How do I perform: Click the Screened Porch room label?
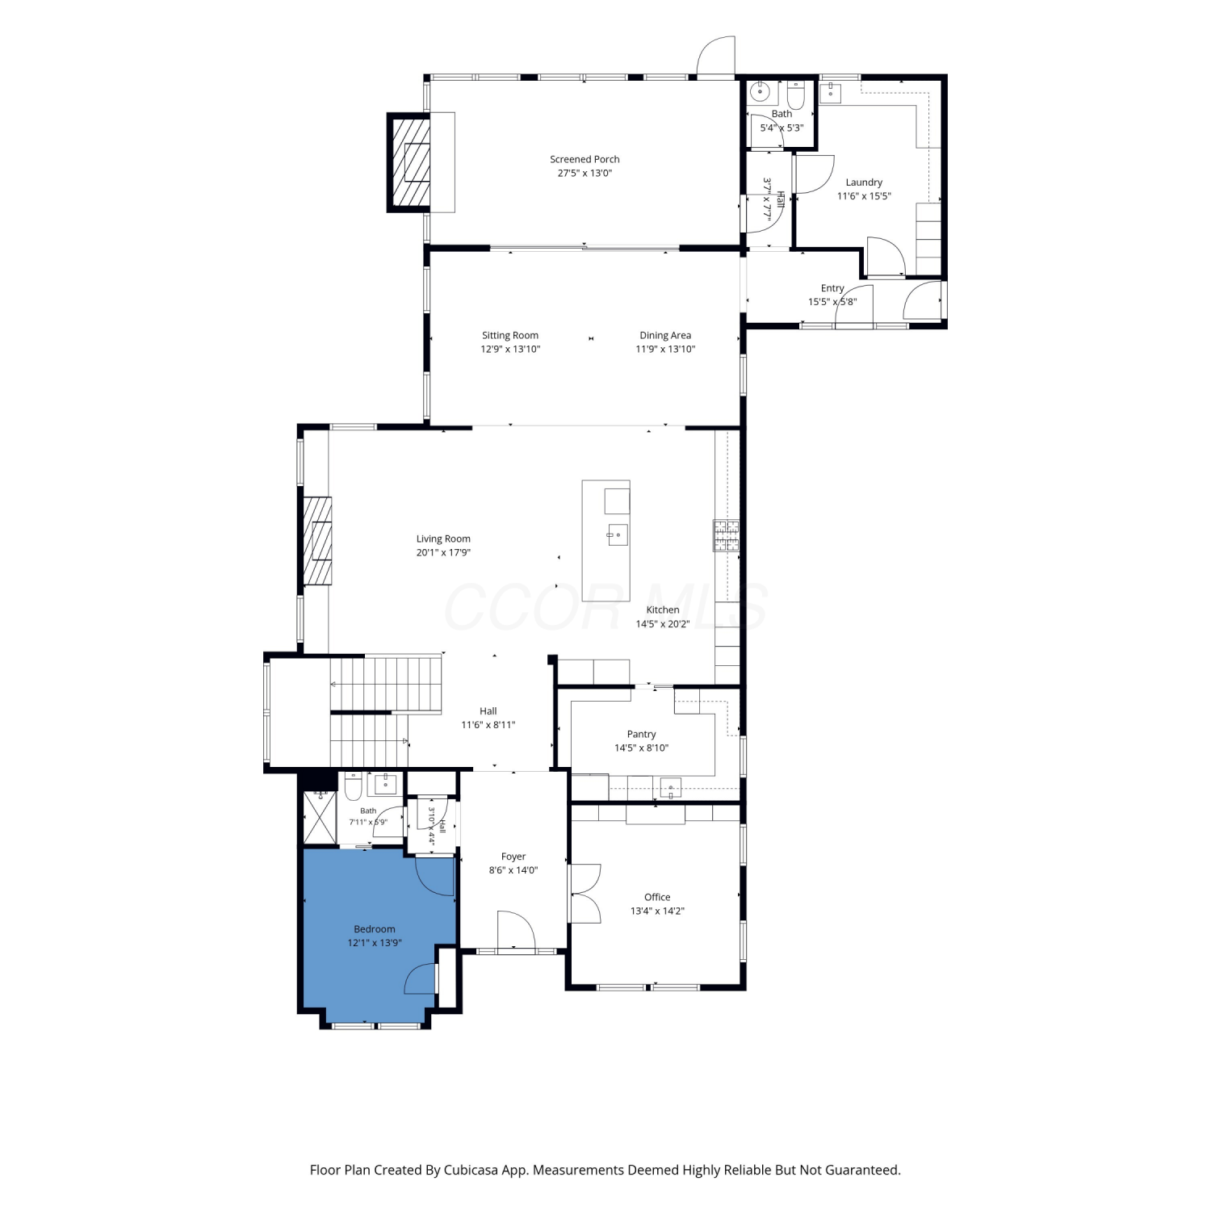[x=585, y=159]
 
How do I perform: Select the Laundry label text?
[x=864, y=182]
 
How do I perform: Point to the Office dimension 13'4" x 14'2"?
[x=657, y=911]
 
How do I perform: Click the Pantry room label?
[x=641, y=734]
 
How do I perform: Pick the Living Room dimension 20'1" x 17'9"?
[x=443, y=553]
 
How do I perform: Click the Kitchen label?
[x=663, y=610]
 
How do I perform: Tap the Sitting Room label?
[x=510, y=335]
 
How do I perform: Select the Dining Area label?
[x=665, y=335]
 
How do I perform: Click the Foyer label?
[x=513, y=857]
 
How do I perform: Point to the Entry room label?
[x=832, y=288]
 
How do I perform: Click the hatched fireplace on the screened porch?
[x=410, y=161]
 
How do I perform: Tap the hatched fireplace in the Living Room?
[x=317, y=540]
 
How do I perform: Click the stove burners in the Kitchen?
[x=726, y=536]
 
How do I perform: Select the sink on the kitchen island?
[x=618, y=534]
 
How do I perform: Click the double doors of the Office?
[x=585, y=893]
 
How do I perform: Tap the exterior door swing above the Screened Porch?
[x=717, y=57]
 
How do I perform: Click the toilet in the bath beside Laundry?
[x=795, y=96]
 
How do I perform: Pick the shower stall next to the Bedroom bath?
[x=320, y=817]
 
